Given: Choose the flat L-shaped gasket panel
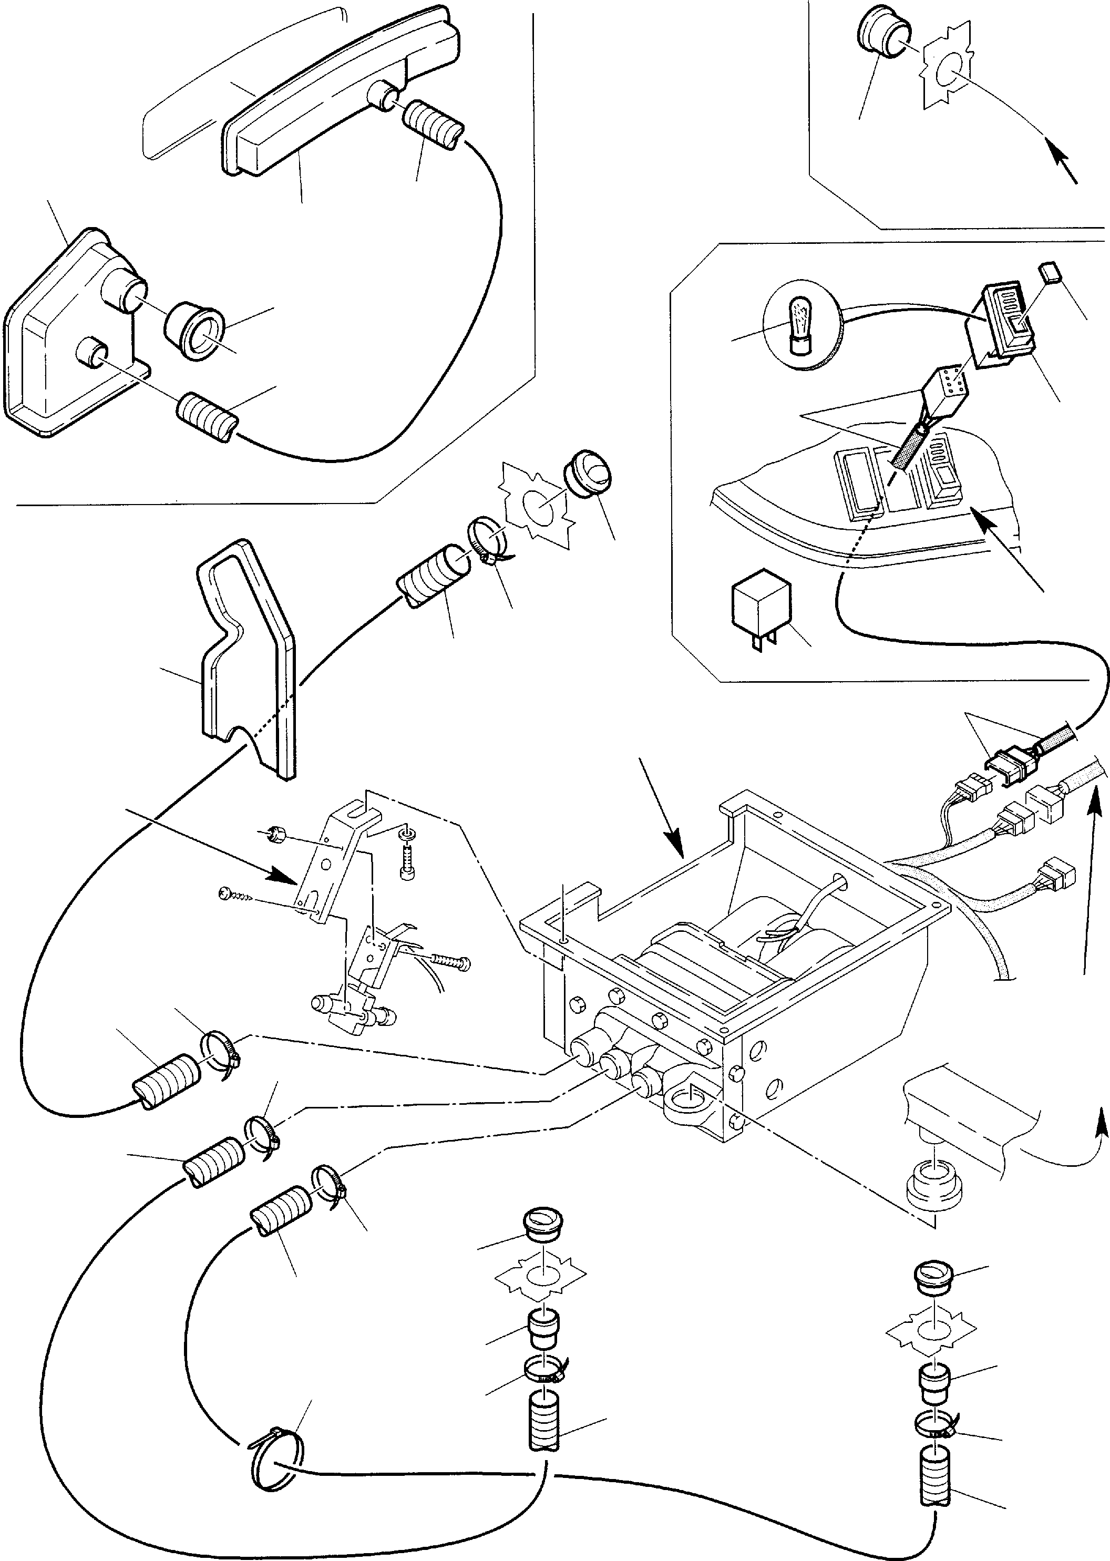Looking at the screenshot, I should coord(250,656).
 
